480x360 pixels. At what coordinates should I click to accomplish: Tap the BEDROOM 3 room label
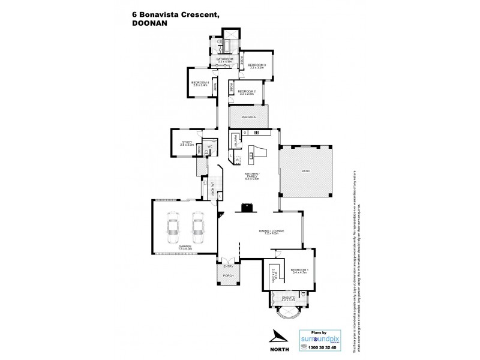[x=257, y=64]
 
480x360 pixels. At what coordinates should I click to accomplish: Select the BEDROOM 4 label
[x=199, y=83]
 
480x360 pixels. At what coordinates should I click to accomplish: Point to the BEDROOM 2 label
[x=247, y=91]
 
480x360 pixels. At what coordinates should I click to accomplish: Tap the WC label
[x=210, y=146]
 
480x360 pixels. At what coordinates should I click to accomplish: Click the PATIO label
[x=305, y=172]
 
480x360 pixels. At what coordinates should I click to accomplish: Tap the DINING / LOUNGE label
[x=271, y=230]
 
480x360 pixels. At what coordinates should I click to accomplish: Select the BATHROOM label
[x=225, y=59]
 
